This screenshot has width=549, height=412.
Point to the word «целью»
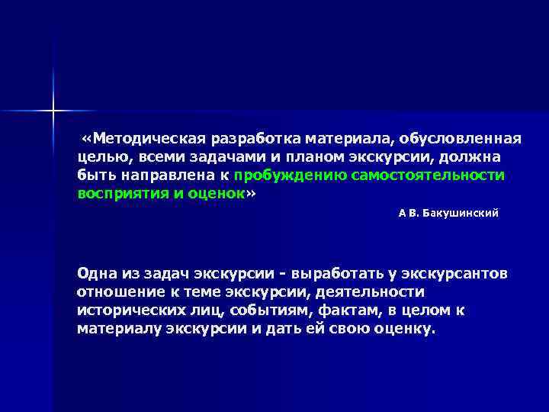pyautogui.click(x=100, y=157)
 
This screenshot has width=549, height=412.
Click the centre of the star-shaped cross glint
pyautogui.click(x=54, y=111)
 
